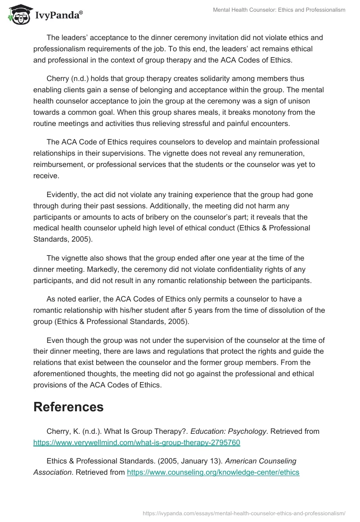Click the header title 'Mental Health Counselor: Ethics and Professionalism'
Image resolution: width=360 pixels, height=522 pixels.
(x=279, y=10)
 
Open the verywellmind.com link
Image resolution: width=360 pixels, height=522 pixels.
(x=137, y=443)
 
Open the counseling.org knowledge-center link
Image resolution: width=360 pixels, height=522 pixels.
(x=213, y=472)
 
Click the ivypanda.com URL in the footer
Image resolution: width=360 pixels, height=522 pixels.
(x=244, y=513)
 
